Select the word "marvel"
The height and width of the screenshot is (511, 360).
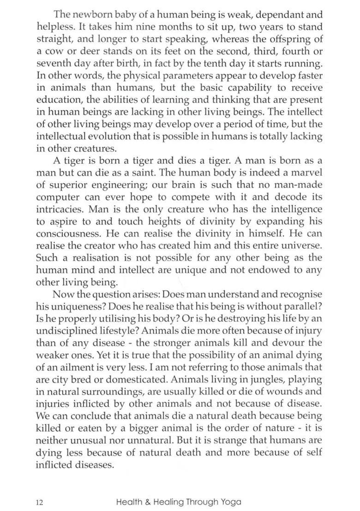point(305,172)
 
